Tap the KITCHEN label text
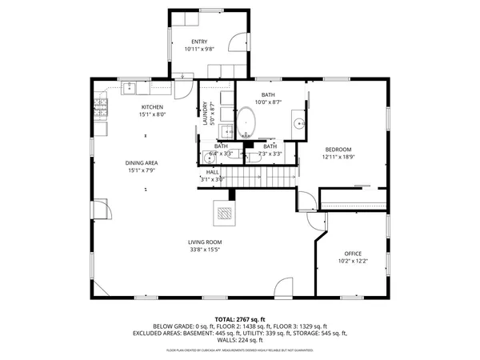click(153, 107)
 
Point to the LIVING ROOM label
click(205, 242)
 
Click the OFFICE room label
click(353, 254)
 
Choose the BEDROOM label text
click(338, 150)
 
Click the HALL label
click(212, 172)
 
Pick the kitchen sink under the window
click(130, 85)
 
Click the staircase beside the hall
click(261, 174)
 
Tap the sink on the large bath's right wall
click(298, 123)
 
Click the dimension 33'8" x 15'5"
click(205, 250)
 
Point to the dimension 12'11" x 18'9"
click(338, 158)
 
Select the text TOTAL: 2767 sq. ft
click(240, 319)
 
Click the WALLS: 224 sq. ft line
click(240, 339)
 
